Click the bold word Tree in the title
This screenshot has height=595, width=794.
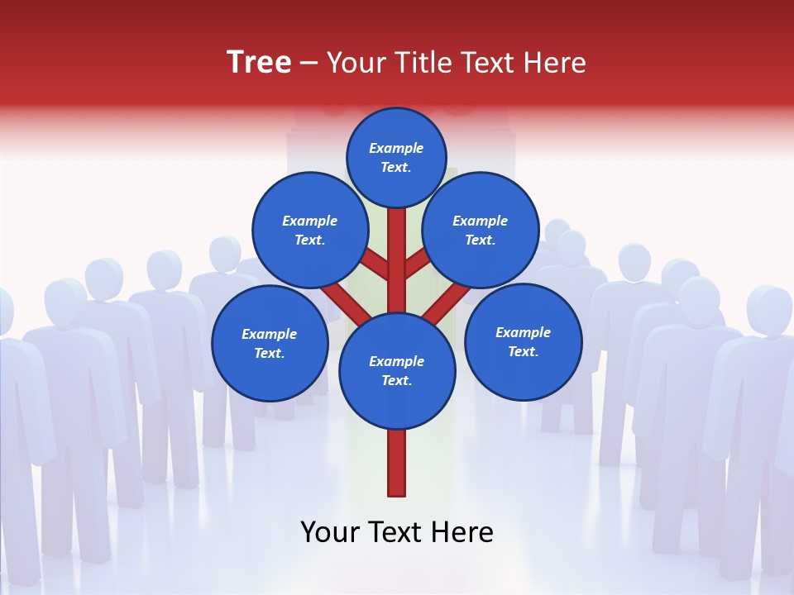click(259, 62)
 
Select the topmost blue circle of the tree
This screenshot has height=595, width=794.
click(396, 157)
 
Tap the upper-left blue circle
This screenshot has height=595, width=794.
click(310, 230)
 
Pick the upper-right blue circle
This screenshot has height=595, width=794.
click(481, 230)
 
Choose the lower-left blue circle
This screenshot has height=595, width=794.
click(270, 343)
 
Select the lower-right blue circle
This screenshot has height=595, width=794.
click(524, 341)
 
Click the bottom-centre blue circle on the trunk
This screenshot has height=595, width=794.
click(397, 370)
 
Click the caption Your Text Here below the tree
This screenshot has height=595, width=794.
click(397, 532)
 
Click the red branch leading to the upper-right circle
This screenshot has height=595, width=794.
click(417, 266)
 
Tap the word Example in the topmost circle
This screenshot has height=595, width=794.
click(396, 148)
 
